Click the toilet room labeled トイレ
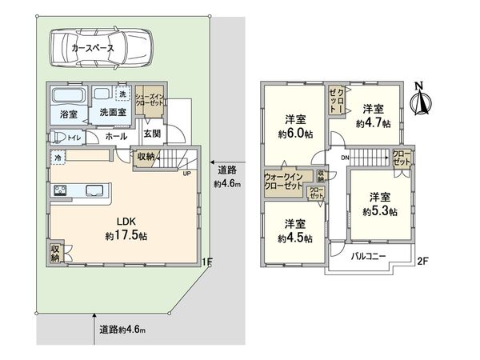point(74,138)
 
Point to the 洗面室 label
point(112,114)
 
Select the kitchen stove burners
point(60,190)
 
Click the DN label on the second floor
point(344,158)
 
